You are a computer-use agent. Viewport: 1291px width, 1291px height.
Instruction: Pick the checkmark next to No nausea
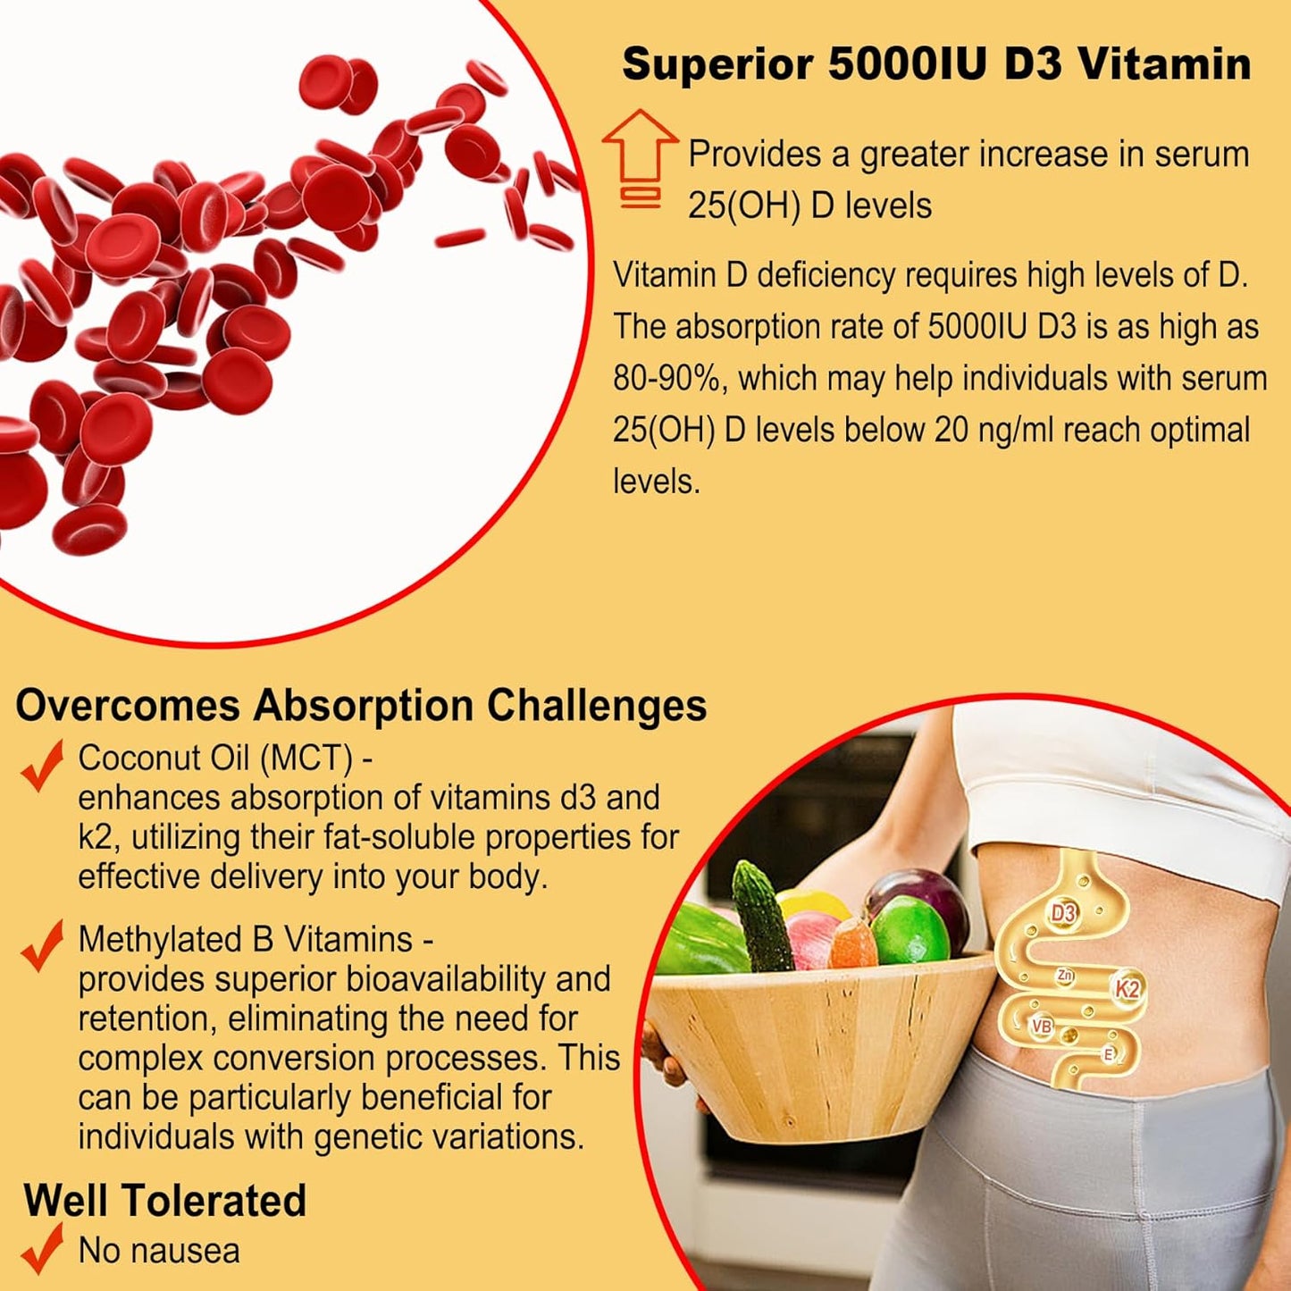42,1248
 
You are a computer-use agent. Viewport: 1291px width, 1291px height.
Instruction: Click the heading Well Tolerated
165,1200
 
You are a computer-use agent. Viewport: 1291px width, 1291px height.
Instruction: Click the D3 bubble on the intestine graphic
1063,913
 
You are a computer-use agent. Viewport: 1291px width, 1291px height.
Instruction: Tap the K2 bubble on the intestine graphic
1127,988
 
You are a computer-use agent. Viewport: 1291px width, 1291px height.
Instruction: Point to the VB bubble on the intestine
1042,1027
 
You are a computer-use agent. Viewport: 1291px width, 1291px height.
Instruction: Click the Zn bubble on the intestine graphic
1064,976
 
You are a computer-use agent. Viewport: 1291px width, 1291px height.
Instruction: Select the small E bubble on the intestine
1109,1054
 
